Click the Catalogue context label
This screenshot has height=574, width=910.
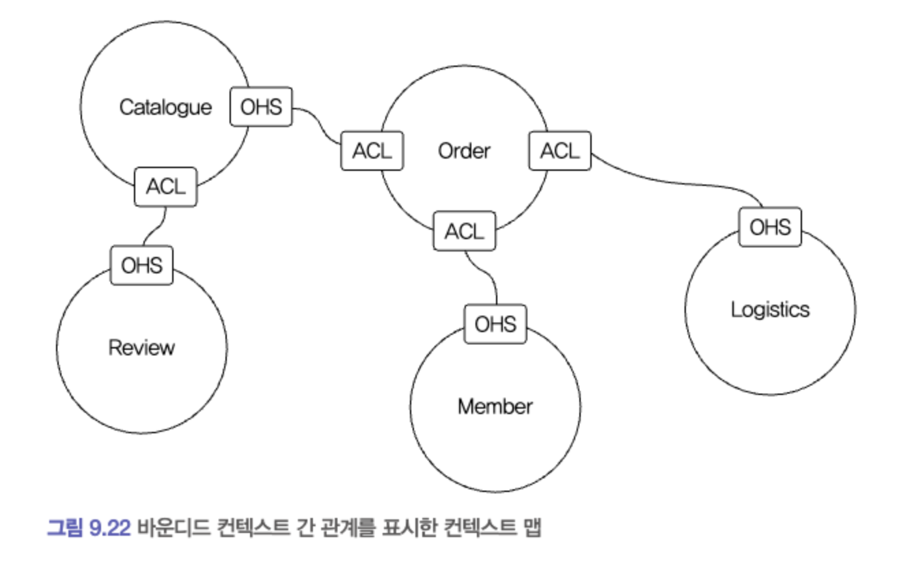click(165, 107)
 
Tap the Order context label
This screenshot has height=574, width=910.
click(464, 151)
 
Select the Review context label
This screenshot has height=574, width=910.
click(141, 348)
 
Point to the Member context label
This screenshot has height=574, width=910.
click(495, 407)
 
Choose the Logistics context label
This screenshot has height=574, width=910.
click(770, 310)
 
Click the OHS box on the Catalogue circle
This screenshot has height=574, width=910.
click(261, 107)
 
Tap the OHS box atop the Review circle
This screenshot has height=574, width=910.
click(141, 264)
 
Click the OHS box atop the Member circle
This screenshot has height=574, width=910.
click(495, 323)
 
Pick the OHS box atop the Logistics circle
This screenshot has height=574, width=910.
click(770, 227)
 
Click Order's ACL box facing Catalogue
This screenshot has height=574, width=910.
click(372, 151)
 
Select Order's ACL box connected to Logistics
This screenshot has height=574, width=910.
click(560, 151)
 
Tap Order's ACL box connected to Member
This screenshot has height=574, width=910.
click(465, 231)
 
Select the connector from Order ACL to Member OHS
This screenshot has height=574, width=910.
click(486, 273)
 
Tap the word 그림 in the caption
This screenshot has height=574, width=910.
click(66, 528)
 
